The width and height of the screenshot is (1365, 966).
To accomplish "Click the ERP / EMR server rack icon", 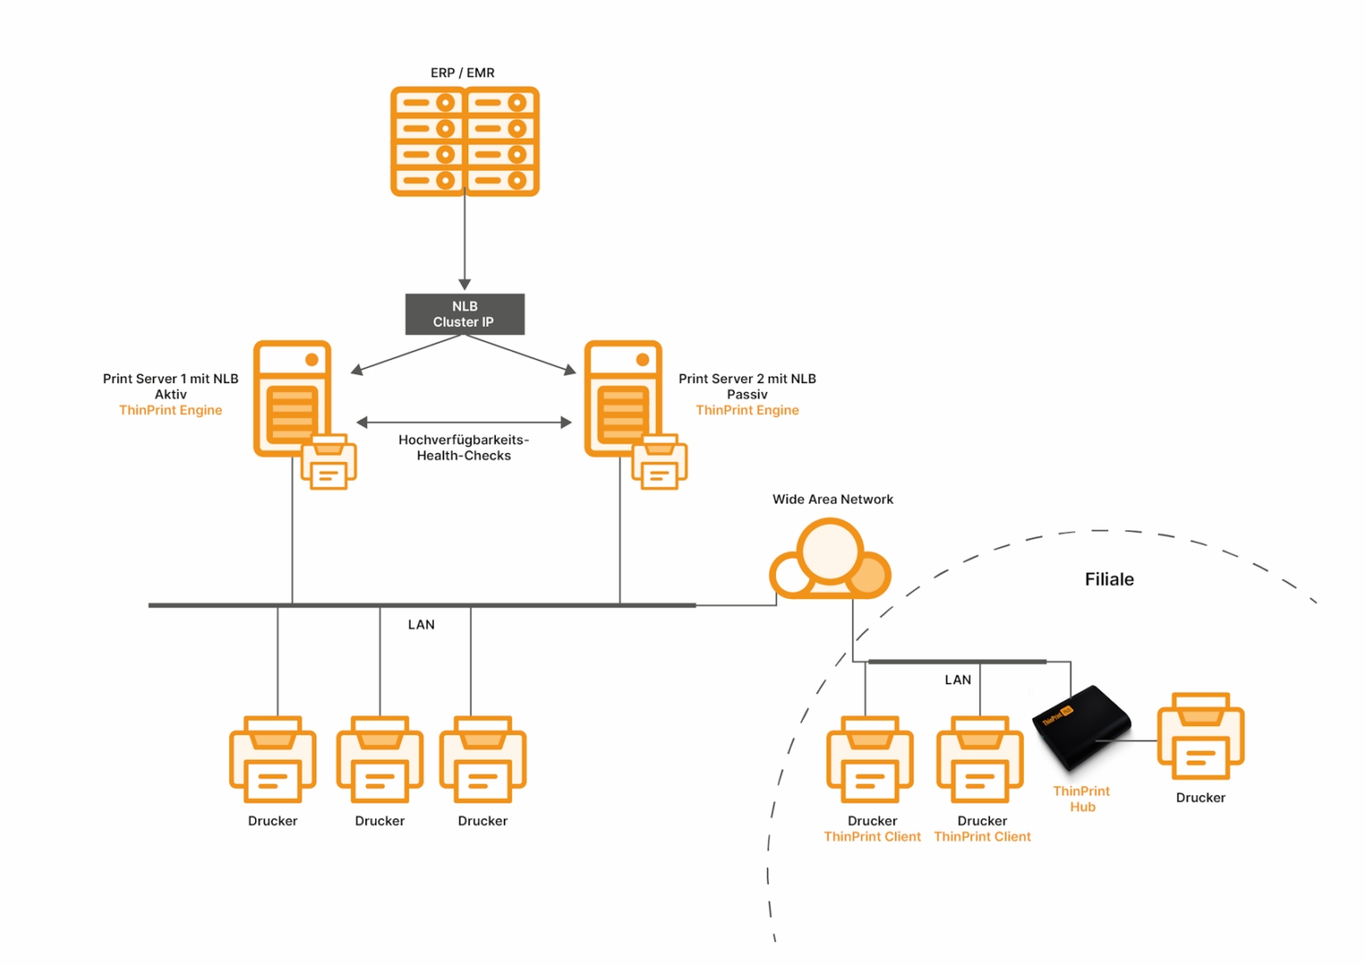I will (x=465, y=141).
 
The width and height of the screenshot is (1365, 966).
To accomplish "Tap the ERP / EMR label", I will (x=462, y=73).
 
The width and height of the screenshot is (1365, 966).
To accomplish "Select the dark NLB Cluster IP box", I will (x=465, y=315).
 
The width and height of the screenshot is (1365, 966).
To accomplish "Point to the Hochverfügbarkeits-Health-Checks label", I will (x=464, y=448).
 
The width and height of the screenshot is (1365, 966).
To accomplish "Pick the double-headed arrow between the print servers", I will (x=464, y=422).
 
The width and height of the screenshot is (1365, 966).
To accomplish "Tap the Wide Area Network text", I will (x=833, y=499).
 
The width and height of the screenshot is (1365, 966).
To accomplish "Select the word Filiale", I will (x=1109, y=579).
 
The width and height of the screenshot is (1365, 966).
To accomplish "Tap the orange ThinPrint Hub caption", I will (x=1082, y=799).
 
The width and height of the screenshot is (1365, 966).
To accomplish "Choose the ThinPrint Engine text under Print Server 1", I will (x=171, y=411).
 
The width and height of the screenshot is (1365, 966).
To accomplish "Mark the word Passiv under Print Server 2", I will (x=746, y=395).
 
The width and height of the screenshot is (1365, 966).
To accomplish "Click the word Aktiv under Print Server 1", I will (x=171, y=395).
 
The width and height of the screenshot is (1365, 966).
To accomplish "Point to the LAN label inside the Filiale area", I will (x=957, y=680).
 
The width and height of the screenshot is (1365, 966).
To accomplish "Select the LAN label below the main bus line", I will (x=421, y=625).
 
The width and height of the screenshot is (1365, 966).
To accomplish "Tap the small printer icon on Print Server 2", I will (x=659, y=462).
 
